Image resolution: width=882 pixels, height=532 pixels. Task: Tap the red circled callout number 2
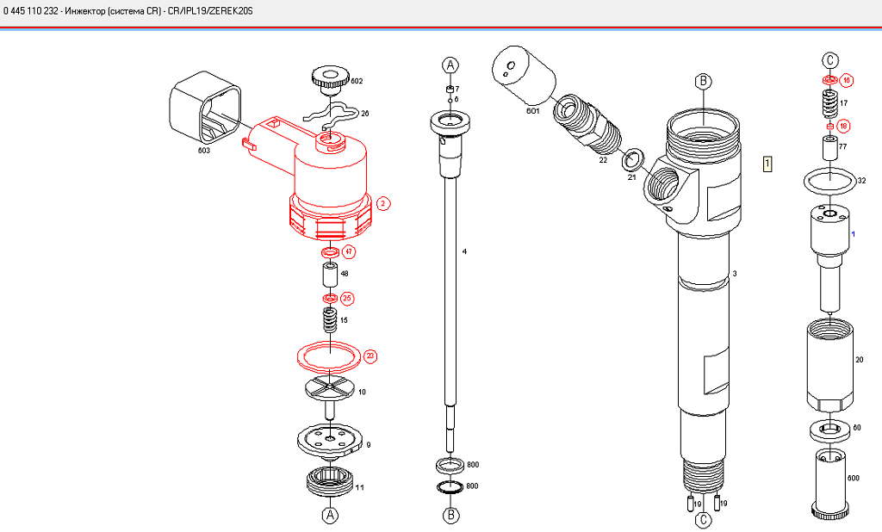pos(383,204)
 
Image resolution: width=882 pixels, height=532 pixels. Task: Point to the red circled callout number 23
pos(370,356)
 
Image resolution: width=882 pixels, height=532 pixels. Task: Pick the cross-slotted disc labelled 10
pos(330,388)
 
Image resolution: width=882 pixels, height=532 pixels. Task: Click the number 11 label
pos(360,487)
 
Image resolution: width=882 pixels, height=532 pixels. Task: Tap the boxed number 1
pos(767,163)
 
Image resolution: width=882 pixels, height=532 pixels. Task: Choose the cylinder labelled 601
pos(525,75)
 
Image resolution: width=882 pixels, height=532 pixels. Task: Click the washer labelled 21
pos(635,158)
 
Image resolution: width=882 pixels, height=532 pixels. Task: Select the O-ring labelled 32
pos(829,181)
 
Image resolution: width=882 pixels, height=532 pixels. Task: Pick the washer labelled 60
pos(829,429)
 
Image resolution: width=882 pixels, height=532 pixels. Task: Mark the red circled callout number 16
pos(847,80)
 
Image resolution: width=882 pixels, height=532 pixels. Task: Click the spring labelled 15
pos(328,320)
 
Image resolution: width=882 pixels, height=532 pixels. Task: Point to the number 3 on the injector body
pos(735,274)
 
